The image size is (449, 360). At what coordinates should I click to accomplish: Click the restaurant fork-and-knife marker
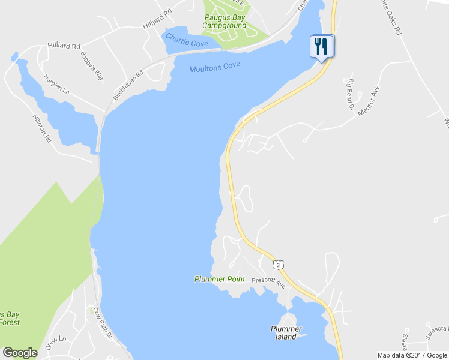click(x=321, y=46)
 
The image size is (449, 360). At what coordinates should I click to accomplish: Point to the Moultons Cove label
click(x=215, y=68)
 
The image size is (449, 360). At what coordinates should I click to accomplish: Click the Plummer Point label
click(x=220, y=279)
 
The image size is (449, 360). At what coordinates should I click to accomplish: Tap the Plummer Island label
click(x=286, y=332)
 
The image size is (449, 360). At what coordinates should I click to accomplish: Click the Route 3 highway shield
click(x=279, y=264)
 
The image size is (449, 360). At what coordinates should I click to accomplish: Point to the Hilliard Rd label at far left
click(x=64, y=46)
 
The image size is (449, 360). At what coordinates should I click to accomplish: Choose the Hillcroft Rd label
click(x=43, y=128)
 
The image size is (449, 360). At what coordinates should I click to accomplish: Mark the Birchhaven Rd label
click(x=128, y=86)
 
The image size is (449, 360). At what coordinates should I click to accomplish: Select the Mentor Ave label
click(x=369, y=101)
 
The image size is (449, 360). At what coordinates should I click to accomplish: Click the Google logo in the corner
click(x=20, y=353)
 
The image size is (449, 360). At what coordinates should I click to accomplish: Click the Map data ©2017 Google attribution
click(x=412, y=355)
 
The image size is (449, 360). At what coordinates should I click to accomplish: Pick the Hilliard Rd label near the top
click(x=158, y=19)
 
